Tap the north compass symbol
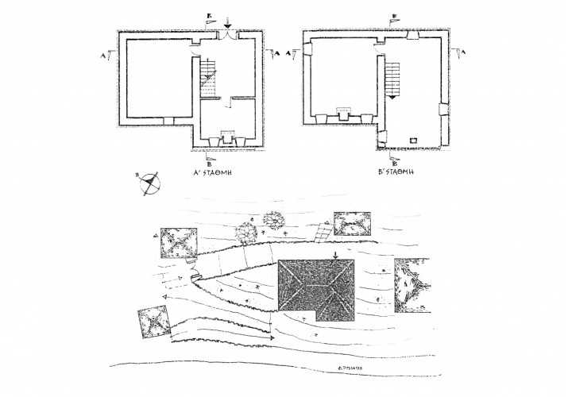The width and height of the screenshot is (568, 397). [149, 184]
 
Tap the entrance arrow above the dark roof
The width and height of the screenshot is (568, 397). [336, 256]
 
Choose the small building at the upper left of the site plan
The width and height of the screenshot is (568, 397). [179, 242]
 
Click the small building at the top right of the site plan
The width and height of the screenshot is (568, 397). [354, 224]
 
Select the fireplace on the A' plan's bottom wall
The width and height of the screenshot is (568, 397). [227, 135]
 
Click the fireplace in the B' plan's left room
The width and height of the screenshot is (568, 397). [345, 114]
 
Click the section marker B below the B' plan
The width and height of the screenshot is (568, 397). [384, 160]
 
